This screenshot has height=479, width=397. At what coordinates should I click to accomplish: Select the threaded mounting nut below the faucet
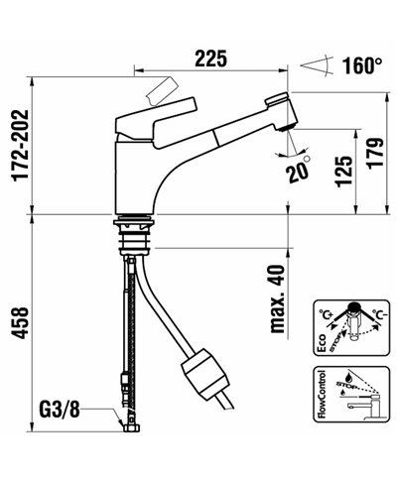click(x=136, y=236)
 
